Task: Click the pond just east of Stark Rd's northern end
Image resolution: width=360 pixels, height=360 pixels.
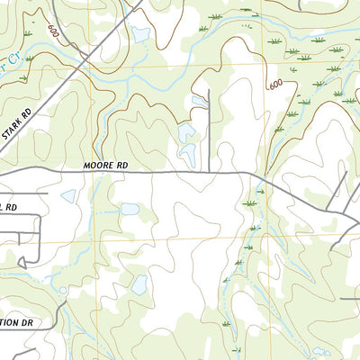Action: pyautogui.click(x=140, y=34)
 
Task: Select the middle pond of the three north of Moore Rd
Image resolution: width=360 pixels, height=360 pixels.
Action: pyautogui.click(x=187, y=134)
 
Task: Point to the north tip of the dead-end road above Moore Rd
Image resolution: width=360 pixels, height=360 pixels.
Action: pyautogui.click(x=209, y=90)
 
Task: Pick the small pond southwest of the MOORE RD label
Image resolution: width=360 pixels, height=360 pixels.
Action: pyautogui.click(x=68, y=195)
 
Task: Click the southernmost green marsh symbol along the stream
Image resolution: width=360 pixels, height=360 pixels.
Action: pyautogui.click(x=236, y=347)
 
